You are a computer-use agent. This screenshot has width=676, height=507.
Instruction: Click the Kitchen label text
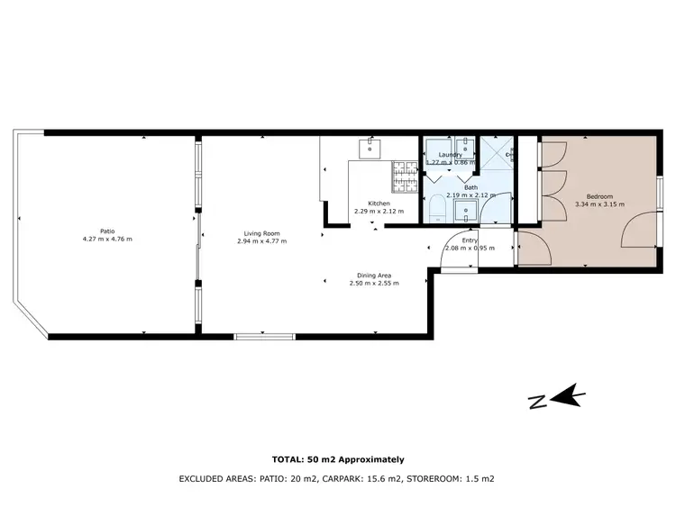(379, 203)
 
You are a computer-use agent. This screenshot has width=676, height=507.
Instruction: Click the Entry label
(470, 240)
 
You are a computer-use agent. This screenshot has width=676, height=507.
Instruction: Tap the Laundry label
(450, 155)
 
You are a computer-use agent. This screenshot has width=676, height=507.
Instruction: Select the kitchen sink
(370, 146)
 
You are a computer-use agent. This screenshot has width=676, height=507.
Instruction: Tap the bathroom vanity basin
(468, 212)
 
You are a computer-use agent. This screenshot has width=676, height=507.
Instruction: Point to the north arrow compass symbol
(567, 396)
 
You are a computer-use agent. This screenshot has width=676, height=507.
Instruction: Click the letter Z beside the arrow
(538, 403)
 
